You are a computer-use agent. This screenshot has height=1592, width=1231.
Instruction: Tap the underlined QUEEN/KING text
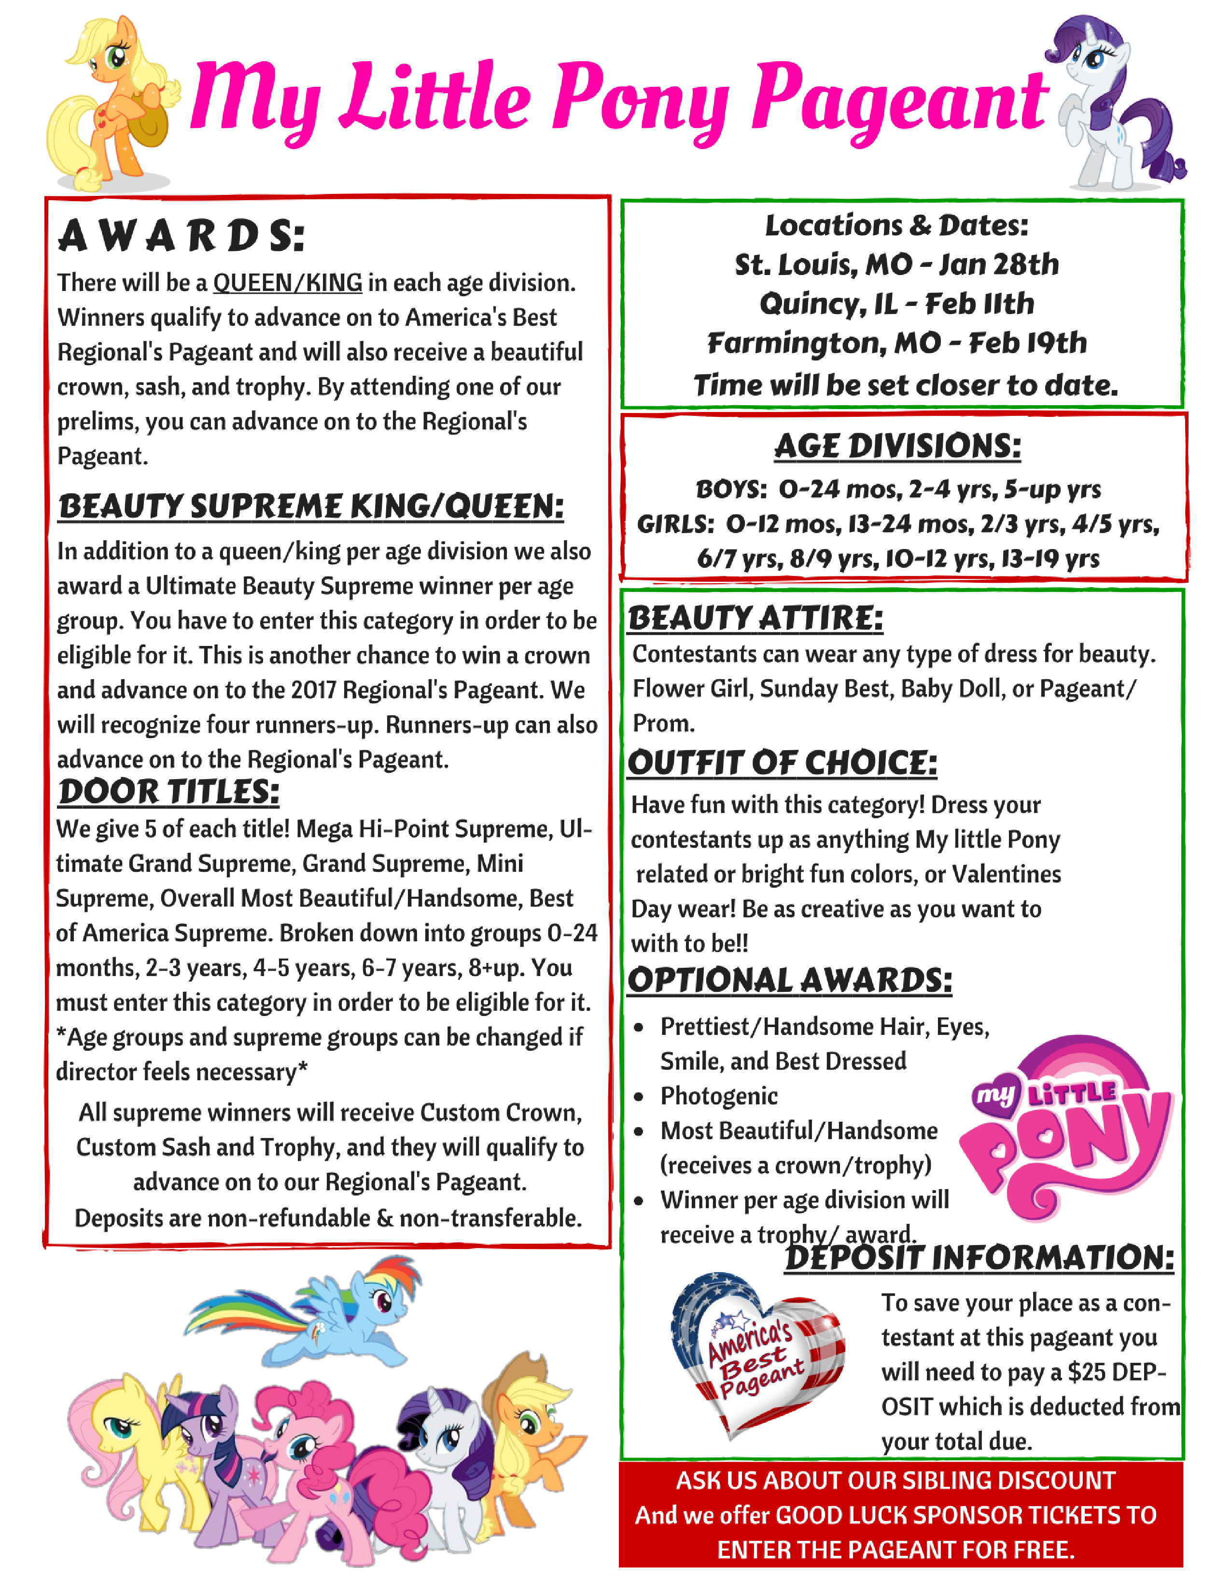(x=287, y=282)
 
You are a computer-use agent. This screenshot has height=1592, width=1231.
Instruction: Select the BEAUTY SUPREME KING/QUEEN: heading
(x=311, y=506)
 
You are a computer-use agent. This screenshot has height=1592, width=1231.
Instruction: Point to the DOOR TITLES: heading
(x=168, y=792)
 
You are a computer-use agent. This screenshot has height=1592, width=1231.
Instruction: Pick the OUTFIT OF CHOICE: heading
(x=782, y=763)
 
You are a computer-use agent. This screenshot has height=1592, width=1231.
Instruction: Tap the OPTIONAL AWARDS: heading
(x=790, y=980)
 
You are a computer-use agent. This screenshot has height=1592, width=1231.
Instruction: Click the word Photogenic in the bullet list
(x=719, y=1096)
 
